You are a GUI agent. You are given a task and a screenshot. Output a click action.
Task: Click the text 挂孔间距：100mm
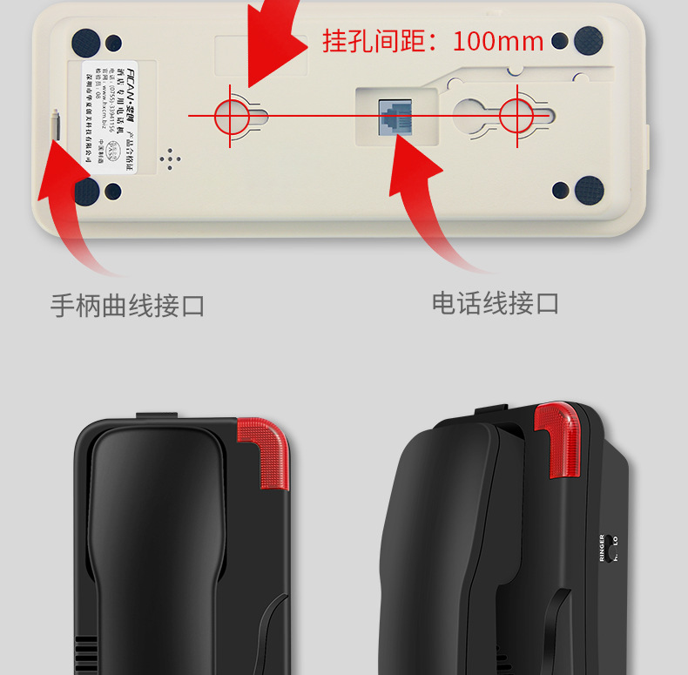433,41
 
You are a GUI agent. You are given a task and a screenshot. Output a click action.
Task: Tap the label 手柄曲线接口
127,306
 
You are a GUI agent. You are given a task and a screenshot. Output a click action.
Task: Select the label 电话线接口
496,303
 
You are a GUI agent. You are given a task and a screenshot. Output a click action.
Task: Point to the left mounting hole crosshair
231,114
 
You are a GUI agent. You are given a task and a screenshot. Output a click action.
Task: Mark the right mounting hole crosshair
516,114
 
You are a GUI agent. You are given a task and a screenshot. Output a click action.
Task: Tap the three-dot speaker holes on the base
171,157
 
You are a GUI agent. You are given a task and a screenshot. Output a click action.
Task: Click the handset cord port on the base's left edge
57,125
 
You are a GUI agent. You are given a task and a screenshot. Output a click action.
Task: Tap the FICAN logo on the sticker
139,70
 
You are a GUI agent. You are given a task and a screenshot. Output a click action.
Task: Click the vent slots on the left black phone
85,653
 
